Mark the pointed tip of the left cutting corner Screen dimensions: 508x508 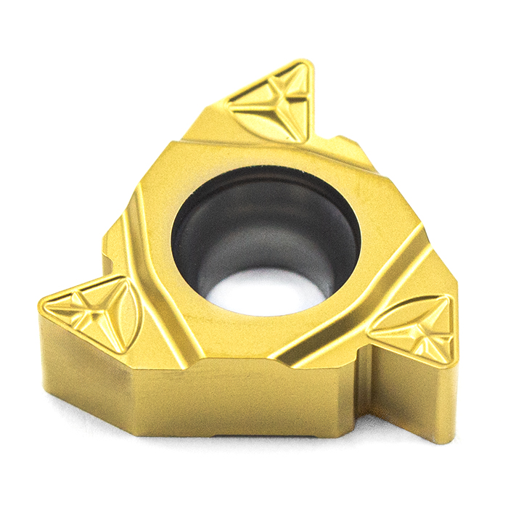[x=44, y=308]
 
